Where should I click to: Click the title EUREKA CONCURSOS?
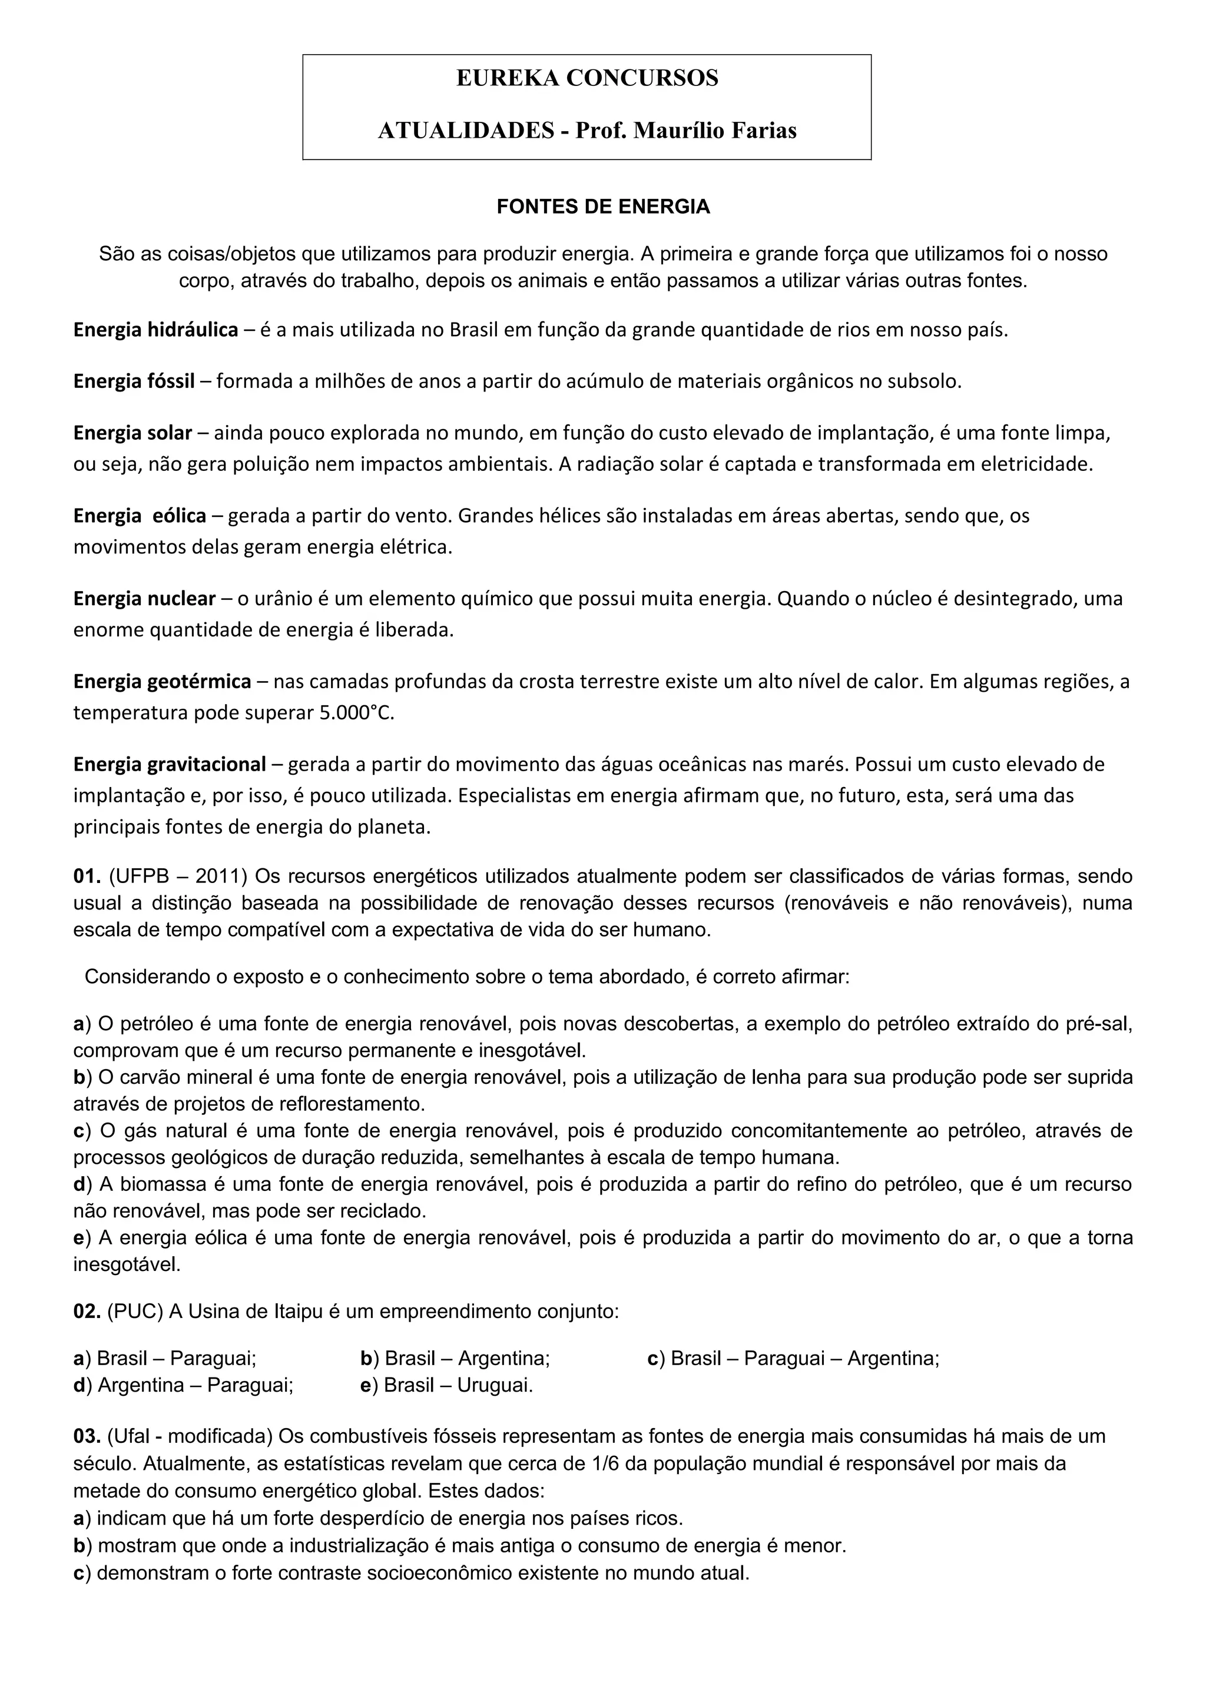point(587,78)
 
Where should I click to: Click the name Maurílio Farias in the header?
point(715,131)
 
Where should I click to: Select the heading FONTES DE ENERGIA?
point(602,207)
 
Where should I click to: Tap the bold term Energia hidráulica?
point(155,330)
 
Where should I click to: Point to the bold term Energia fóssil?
point(134,382)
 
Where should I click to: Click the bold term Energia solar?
point(132,433)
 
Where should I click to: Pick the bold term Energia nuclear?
point(144,598)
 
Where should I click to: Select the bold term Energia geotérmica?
point(162,681)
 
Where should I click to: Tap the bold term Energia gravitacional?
point(170,764)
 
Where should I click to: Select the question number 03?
point(87,1436)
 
